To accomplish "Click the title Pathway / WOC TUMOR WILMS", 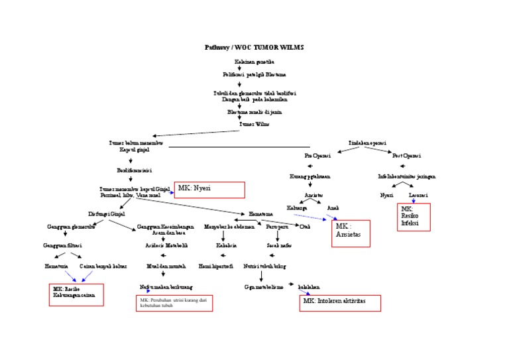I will [x=254, y=48].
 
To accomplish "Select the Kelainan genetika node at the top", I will [x=254, y=61].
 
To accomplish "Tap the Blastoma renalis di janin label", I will [x=254, y=112].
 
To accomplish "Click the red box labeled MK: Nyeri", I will [x=209, y=190].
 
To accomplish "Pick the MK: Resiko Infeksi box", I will [x=414, y=217].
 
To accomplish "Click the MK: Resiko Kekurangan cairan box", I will [x=76, y=294].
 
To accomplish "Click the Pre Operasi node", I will [x=317, y=157].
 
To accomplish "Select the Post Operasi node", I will [x=406, y=157].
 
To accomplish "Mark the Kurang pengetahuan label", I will [x=310, y=177].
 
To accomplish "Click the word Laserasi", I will [x=418, y=196].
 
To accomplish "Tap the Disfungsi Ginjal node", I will [x=107, y=214].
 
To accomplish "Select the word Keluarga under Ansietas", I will [x=296, y=208].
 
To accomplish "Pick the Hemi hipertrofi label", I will [x=215, y=267].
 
